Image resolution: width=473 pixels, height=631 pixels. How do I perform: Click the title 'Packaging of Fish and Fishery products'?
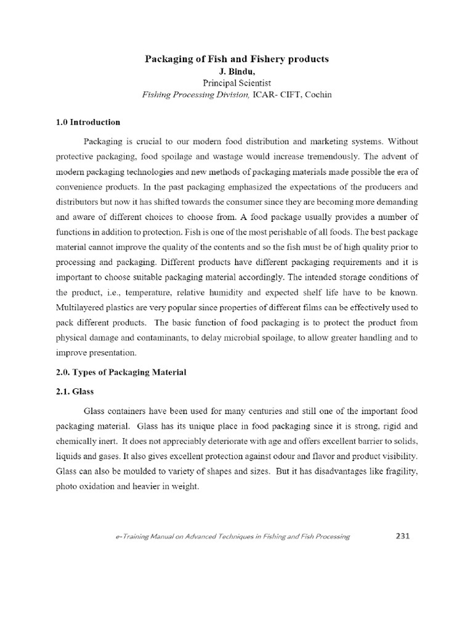pos(236,59)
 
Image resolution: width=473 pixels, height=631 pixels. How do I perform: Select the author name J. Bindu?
pos(236,70)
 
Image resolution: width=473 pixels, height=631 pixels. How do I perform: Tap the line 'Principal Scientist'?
pos(236,82)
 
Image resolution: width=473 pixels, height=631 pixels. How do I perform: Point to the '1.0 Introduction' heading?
pos(88,122)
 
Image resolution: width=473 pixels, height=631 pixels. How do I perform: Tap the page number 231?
pos(402,535)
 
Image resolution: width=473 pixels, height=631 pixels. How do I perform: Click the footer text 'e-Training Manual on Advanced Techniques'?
pos(185,537)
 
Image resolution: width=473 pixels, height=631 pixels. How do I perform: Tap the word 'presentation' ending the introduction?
pos(115,352)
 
